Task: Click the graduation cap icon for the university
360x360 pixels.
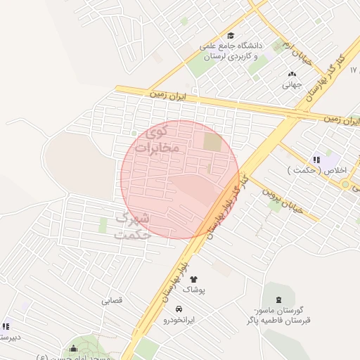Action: click(230, 37)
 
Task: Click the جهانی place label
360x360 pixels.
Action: click(292, 86)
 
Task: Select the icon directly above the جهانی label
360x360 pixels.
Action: click(292, 74)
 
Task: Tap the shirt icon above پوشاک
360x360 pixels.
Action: click(193, 279)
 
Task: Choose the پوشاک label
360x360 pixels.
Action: click(194, 290)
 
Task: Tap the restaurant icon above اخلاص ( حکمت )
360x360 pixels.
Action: click(317, 160)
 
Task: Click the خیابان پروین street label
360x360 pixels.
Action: click(284, 198)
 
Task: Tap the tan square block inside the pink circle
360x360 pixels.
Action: click(212, 141)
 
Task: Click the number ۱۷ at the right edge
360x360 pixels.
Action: click(354, 70)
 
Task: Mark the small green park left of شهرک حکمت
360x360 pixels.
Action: click(103, 226)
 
